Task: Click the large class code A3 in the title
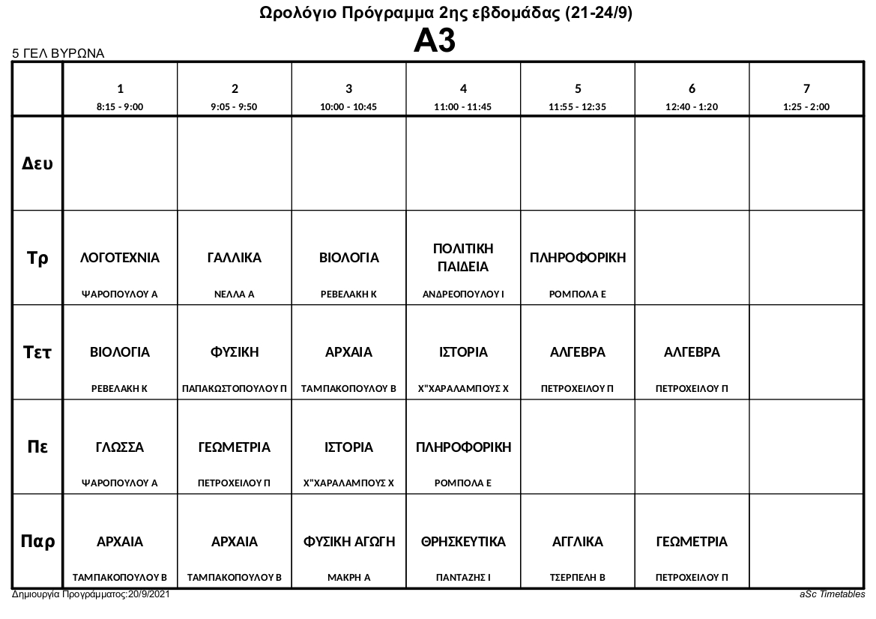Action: [x=435, y=41]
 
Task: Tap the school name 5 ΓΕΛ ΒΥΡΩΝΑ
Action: [x=58, y=54]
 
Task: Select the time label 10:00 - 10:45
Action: [x=348, y=107]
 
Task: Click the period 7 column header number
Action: [x=806, y=88]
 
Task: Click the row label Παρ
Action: [x=37, y=541]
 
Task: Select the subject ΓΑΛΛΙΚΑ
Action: [x=235, y=258]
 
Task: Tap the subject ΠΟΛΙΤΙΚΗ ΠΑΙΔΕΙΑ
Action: [x=463, y=257]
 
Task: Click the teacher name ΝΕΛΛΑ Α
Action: [x=235, y=295]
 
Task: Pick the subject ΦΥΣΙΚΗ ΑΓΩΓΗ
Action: [x=348, y=542]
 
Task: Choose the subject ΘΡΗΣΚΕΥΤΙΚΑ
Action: [x=463, y=542]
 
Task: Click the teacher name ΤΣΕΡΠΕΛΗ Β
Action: [x=578, y=578]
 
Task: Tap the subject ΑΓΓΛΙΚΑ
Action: [x=578, y=542]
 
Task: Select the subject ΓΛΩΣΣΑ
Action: [x=120, y=447]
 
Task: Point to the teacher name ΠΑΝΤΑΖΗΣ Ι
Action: [x=463, y=578]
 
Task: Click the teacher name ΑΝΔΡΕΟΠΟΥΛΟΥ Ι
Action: [x=463, y=295]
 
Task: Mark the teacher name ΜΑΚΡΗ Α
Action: [x=348, y=578]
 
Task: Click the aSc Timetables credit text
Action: [x=832, y=594]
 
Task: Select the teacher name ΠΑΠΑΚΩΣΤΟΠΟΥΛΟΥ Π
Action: [x=235, y=389]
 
